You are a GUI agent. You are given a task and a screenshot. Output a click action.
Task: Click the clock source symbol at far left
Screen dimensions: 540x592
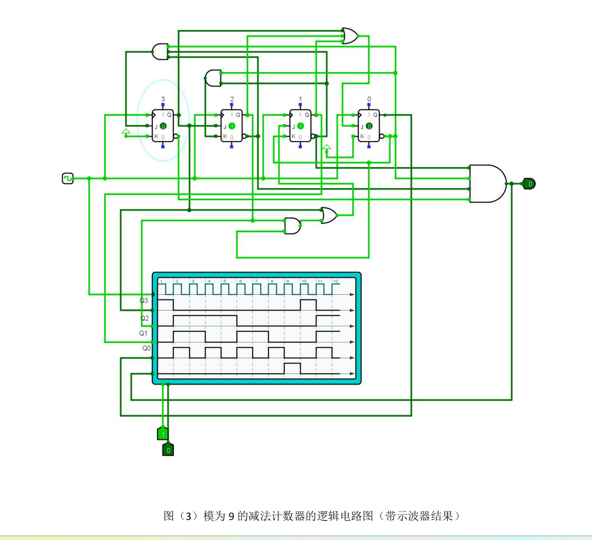[68, 178]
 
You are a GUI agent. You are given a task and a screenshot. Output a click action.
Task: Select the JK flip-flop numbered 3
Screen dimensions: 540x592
[163, 125]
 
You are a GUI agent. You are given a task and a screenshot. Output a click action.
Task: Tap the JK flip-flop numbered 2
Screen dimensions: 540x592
[231, 125]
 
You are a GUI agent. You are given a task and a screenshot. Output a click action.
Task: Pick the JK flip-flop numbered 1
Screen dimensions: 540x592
[300, 125]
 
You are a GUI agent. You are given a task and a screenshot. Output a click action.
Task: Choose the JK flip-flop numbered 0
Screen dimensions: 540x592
[369, 125]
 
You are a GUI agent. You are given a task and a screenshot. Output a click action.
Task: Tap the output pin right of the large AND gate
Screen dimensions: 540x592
[529, 184]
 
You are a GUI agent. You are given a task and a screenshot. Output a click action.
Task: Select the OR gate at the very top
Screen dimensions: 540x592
[350, 36]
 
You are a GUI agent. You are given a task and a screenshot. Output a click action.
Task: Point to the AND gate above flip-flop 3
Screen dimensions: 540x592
[160, 52]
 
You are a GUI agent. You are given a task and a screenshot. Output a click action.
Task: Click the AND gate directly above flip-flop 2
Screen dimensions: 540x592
[214, 78]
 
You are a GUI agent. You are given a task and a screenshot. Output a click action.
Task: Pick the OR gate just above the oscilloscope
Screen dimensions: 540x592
[329, 215]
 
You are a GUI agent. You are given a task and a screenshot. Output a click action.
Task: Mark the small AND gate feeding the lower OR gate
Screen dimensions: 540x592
[293, 226]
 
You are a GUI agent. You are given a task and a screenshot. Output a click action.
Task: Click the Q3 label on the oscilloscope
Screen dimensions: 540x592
[144, 300]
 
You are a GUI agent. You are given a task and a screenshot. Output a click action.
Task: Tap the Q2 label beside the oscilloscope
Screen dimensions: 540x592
[145, 318]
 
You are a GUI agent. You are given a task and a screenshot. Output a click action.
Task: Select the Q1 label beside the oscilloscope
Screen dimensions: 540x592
[143, 333]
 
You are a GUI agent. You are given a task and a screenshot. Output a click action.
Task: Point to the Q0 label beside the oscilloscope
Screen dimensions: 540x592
[146, 348]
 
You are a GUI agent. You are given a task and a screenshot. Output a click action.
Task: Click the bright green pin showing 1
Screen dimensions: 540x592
[163, 434]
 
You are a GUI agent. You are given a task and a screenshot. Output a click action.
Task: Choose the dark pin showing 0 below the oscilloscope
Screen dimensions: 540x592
[168, 450]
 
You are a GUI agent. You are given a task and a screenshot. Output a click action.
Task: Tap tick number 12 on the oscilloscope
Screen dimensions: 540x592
[335, 281]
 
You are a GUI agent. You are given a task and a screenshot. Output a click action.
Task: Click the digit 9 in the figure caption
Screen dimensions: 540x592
[231, 516]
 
